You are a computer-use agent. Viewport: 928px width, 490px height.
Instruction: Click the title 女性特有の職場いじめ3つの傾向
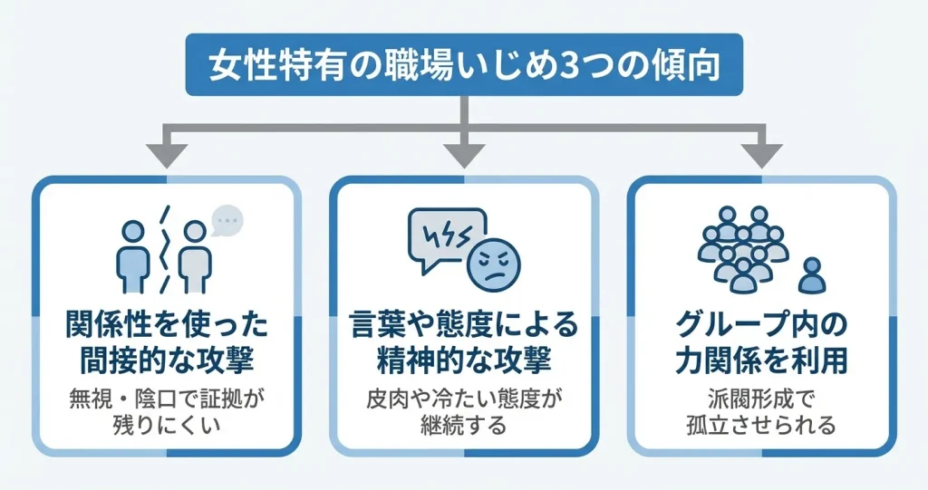coord(464,65)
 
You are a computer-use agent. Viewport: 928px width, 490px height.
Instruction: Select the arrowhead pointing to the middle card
coord(464,154)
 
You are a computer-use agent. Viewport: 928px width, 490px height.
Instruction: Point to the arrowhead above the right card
coord(764,154)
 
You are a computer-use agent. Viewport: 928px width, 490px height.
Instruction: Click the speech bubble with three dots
coord(227,219)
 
